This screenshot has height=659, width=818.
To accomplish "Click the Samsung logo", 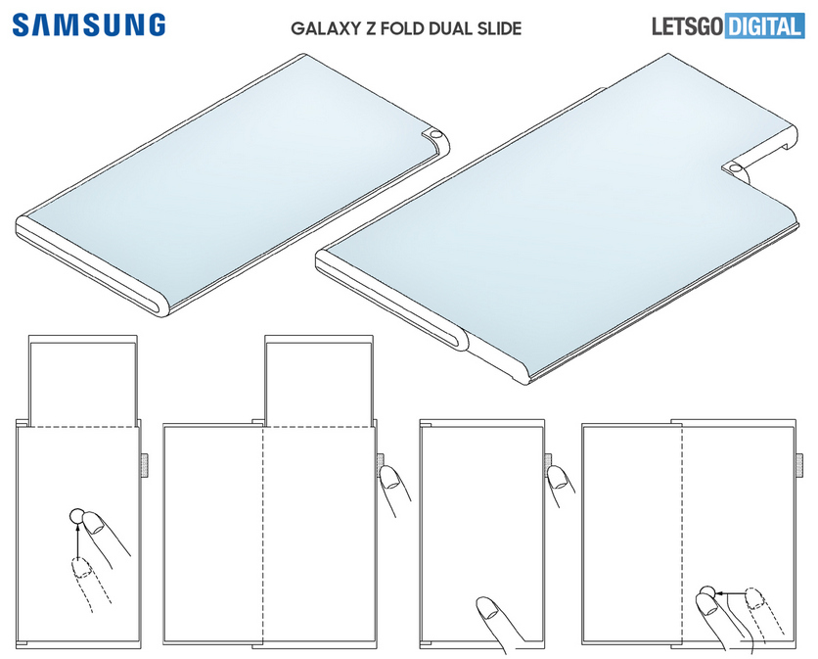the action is (89, 25).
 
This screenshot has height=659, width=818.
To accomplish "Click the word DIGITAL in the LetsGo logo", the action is (764, 26).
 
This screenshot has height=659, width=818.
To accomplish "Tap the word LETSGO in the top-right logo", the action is (688, 26).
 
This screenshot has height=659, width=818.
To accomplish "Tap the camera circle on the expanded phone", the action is (735, 168).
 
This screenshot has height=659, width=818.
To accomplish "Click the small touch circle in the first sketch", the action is (76, 516).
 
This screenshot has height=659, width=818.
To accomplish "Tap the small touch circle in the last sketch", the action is (706, 592).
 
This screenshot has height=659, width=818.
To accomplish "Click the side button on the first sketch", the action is (144, 465).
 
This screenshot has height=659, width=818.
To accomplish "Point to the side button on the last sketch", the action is (799, 465).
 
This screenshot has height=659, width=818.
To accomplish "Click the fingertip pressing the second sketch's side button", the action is (389, 478).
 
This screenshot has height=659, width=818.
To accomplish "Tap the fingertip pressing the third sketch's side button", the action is (558, 477).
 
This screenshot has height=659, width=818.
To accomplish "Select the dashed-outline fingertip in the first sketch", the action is (81, 568).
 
